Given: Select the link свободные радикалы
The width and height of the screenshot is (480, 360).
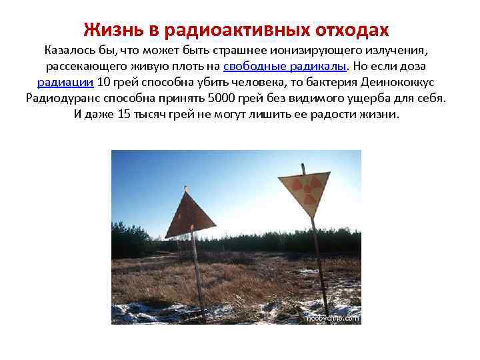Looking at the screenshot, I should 285,67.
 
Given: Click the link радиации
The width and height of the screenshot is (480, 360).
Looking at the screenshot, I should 65,83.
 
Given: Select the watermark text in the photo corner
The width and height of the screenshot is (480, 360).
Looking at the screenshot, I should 332,318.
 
